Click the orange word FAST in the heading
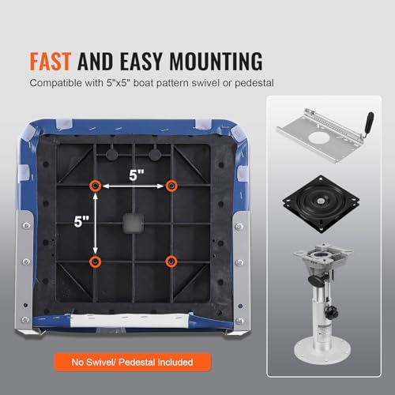(x=50, y=62)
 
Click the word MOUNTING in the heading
(x=216, y=62)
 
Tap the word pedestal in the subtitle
(x=254, y=83)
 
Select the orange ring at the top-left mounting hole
(x=95, y=186)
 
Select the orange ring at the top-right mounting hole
(x=171, y=186)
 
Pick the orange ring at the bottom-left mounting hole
(x=95, y=261)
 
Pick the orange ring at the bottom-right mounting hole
(x=171, y=261)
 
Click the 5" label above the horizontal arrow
(x=137, y=175)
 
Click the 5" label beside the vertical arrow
(x=81, y=221)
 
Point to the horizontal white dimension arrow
(x=134, y=186)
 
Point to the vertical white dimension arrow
(x=96, y=224)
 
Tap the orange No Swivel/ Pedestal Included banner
(x=133, y=362)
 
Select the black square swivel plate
(x=321, y=204)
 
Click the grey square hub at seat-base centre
(x=134, y=224)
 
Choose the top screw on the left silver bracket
(x=26, y=225)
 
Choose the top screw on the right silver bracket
(x=239, y=226)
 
